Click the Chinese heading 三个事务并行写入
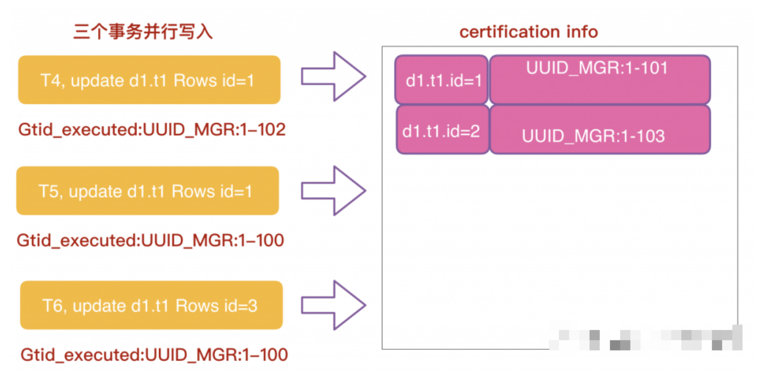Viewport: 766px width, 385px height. tap(143, 32)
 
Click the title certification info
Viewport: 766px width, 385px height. tap(528, 32)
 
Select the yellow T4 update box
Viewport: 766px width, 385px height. tap(149, 80)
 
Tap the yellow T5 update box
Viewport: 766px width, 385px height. tap(147, 190)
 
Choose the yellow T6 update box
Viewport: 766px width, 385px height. tap(151, 305)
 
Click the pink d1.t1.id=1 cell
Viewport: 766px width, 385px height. tap(442, 80)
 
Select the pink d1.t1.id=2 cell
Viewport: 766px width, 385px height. tap(442, 130)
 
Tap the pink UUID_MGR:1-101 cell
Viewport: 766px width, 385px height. tap(599, 80)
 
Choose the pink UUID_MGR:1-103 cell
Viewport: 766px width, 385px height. tap(599, 130)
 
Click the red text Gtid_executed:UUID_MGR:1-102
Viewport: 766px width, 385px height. tap(152, 130)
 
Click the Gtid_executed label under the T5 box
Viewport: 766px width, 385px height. tap(150, 240)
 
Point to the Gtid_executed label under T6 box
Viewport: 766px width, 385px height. tap(154, 354)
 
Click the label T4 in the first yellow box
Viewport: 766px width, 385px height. tap(51, 80)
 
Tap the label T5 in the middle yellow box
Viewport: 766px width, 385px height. tap(49, 191)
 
